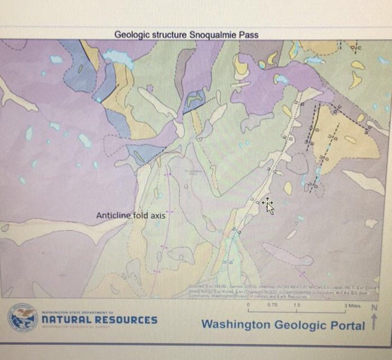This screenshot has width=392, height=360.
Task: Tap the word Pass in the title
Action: click(x=249, y=35)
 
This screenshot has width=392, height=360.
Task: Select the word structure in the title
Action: click(x=166, y=35)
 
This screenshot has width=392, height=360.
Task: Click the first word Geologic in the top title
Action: click(x=131, y=35)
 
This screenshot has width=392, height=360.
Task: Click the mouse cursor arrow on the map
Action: click(x=269, y=207)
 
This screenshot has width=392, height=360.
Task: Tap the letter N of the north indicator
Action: click(x=373, y=308)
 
